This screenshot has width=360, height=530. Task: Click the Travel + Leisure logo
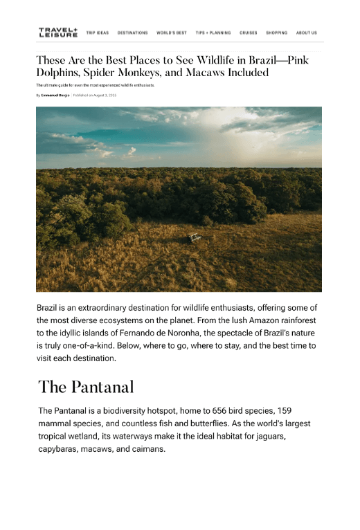(57, 33)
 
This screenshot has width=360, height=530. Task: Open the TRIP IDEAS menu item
(98, 33)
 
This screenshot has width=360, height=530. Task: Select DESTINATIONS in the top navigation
(132, 33)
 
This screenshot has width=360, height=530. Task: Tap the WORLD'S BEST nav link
(172, 33)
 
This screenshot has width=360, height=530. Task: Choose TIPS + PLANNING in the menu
(213, 33)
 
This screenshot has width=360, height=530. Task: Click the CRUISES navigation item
(249, 33)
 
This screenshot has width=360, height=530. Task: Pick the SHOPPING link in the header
(276, 33)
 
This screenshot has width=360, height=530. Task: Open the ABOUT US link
(307, 33)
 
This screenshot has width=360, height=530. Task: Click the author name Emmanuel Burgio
(55, 95)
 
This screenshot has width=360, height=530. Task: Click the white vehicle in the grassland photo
(195, 237)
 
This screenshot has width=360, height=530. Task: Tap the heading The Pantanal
(86, 387)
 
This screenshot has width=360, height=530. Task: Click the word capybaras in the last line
(61, 450)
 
